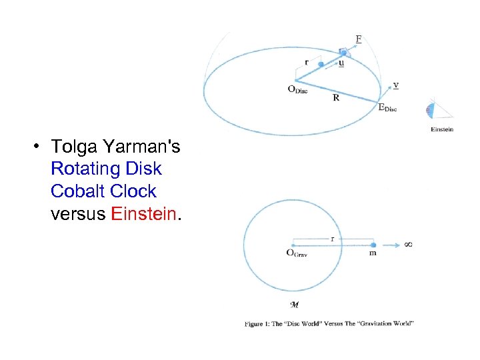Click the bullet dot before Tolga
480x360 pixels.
pyautogui.click(x=41, y=147)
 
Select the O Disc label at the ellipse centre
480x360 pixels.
pyautogui.click(x=297, y=90)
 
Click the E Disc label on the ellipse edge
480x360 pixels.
pyautogui.click(x=387, y=107)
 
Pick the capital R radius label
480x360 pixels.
pyautogui.click(x=336, y=98)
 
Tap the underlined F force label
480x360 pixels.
pyautogui.click(x=359, y=39)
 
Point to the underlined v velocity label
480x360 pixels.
pyautogui.click(x=396, y=85)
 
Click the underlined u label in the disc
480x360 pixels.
pyautogui.click(x=341, y=64)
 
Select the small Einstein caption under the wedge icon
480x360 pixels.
pyautogui.click(x=442, y=129)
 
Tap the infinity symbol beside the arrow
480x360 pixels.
pyautogui.click(x=408, y=245)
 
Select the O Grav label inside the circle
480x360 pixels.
pyautogui.click(x=297, y=252)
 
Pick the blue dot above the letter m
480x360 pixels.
pyautogui.click(x=373, y=245)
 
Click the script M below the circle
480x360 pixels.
pyautogui.click(x=293, y=305)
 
